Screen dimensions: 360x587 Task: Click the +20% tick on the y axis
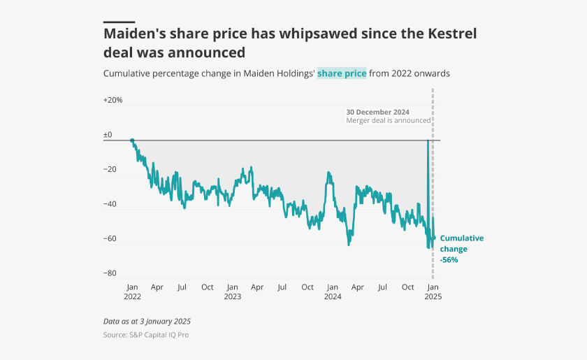[113, 100]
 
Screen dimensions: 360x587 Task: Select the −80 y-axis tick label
[110, 273]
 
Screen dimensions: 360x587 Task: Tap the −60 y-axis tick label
[110, 239]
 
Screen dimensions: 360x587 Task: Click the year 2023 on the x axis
[233, 296]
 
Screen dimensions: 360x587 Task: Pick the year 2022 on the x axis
[132, 296]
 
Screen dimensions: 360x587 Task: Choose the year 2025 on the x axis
[433, 296]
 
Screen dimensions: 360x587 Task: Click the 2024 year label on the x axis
[333, 296]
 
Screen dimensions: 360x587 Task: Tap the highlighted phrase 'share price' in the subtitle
[342, 73]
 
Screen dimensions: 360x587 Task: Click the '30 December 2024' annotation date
[377, 112]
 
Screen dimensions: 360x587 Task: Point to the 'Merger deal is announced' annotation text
[388, 120]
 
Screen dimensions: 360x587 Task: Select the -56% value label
[449, 259]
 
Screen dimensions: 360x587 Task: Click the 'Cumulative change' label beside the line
[461, 243]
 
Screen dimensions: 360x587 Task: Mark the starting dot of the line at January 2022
[132, 141]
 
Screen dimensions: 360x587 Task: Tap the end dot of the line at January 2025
[433, 238]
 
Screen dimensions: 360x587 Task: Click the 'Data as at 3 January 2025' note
[147, 322]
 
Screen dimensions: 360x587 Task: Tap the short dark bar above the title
[119, 22]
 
